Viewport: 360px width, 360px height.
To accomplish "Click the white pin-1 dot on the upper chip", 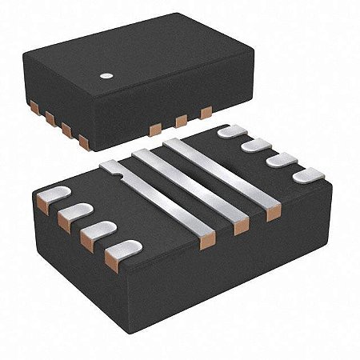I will click(104, 77).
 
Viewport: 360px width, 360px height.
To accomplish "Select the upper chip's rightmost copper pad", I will click(206, 114).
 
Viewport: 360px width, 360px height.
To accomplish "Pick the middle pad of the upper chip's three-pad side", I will click(181, 121).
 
